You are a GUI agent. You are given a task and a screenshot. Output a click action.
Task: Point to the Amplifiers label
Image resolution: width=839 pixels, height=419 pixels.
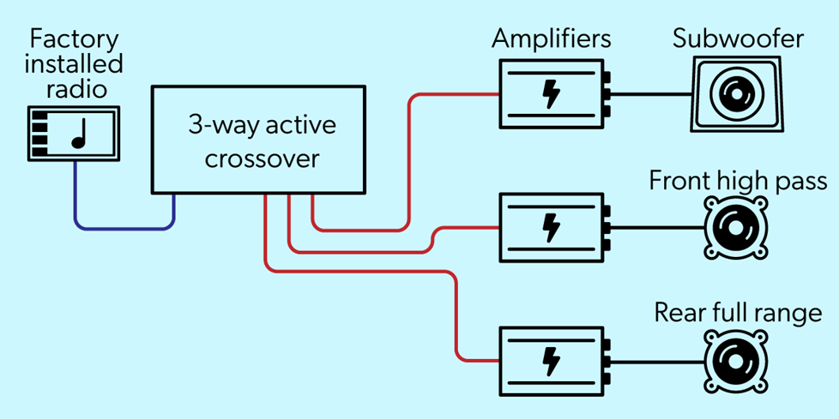tap(552, 39)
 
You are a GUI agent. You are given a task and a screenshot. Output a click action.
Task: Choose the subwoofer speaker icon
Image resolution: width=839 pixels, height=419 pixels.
tap(737, 94)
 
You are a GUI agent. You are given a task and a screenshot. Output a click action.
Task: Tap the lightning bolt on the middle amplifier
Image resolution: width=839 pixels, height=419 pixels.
tap(551, 228)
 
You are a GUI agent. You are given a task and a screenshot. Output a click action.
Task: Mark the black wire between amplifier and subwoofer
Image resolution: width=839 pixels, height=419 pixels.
tap(652, 94)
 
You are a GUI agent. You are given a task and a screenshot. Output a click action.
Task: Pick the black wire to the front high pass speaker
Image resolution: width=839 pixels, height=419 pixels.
tap(656, 228)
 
